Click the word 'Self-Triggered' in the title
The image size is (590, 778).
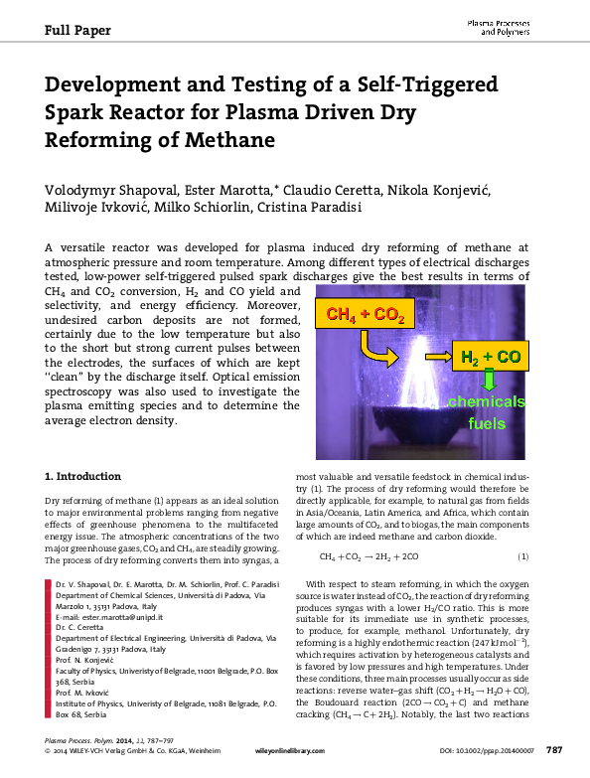coord(422,84)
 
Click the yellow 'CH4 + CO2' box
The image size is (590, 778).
coord(361,316)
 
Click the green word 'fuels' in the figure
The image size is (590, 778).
coord(487,423)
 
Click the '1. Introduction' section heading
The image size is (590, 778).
coord(84,476)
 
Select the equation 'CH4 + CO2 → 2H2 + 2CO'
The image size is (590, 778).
coord(369,556)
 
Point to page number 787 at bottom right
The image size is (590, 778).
coord(554,761)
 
